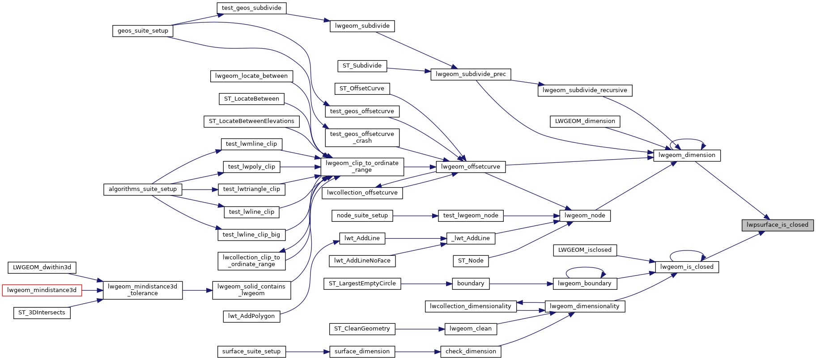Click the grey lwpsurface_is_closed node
point(778,225)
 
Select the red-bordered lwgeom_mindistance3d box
point(42,290)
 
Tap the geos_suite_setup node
point(143,31)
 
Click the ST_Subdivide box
point(362,66)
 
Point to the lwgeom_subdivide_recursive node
point(585,90)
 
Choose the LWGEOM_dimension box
point(585,121)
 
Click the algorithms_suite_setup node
point(143,189)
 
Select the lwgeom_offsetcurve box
point(471,167)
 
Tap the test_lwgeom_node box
point(471,216)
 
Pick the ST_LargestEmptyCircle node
point(362,284)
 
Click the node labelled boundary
point(471,284)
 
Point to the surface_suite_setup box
point(251,352)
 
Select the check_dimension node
point(471,352)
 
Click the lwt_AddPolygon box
point(251,316)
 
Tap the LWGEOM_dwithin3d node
point(42,267)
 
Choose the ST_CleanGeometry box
point(362,329)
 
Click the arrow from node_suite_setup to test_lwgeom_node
point(416,216)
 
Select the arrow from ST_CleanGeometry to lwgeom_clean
point(420,329)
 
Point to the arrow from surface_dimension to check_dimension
point(418,352)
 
